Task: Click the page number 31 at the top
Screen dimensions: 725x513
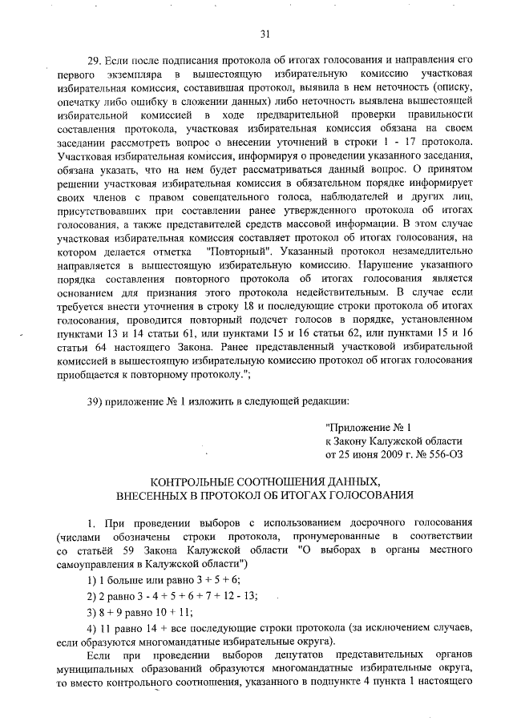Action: (265, 33)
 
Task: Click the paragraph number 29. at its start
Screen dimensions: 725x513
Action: (95, 60)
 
